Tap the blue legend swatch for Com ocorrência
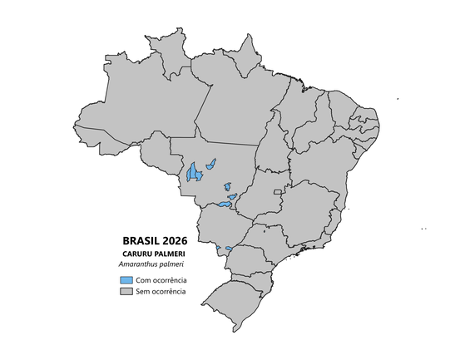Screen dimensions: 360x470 coord(126,280)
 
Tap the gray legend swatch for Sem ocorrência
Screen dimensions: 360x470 coord(126,292)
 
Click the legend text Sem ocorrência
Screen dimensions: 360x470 coord(161,292)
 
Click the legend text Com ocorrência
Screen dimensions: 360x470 coord(161,280)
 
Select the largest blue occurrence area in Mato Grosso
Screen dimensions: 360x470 coord(194,172)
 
